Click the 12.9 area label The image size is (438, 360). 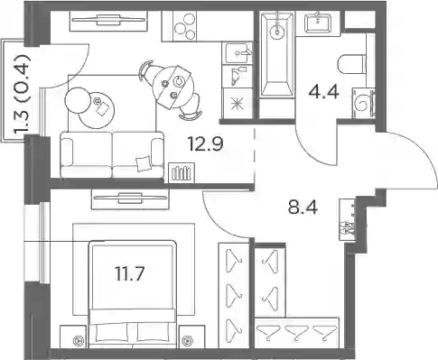205,143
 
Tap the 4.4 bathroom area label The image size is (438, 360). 323,92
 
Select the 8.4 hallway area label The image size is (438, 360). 303,208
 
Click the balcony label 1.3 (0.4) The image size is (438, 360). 23,95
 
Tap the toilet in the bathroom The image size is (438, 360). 351,64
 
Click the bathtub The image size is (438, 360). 276,55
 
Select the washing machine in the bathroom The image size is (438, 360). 363,103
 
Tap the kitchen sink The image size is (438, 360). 237,53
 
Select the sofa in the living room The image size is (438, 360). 112,154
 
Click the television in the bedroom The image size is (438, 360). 130,198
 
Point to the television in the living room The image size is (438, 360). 108,21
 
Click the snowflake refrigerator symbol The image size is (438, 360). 237,104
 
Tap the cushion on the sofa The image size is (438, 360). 143,164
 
